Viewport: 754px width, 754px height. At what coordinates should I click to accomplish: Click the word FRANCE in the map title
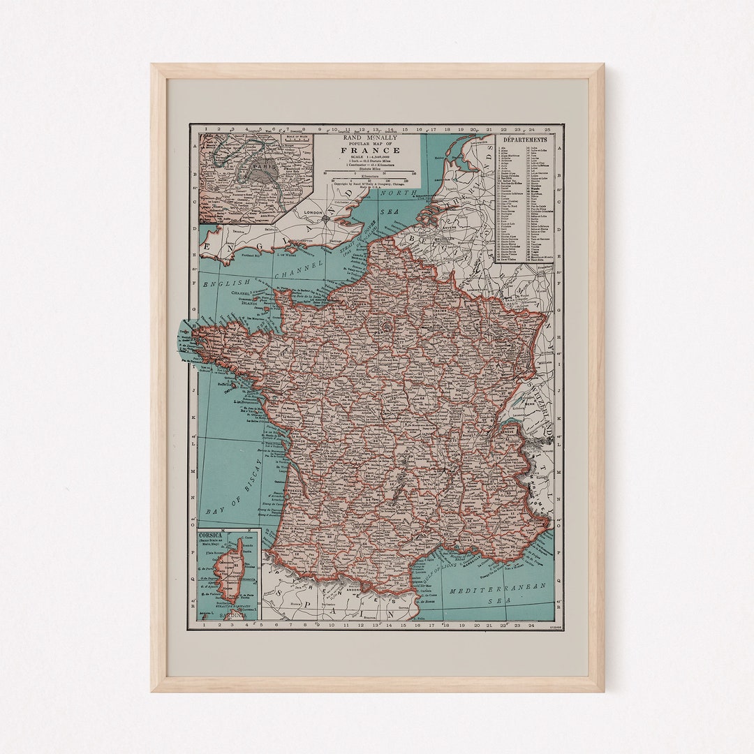point(371,150)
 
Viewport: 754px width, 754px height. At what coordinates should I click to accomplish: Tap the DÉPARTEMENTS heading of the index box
point(524,140)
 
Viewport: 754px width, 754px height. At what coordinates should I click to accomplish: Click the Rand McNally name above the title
point(371,138)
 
